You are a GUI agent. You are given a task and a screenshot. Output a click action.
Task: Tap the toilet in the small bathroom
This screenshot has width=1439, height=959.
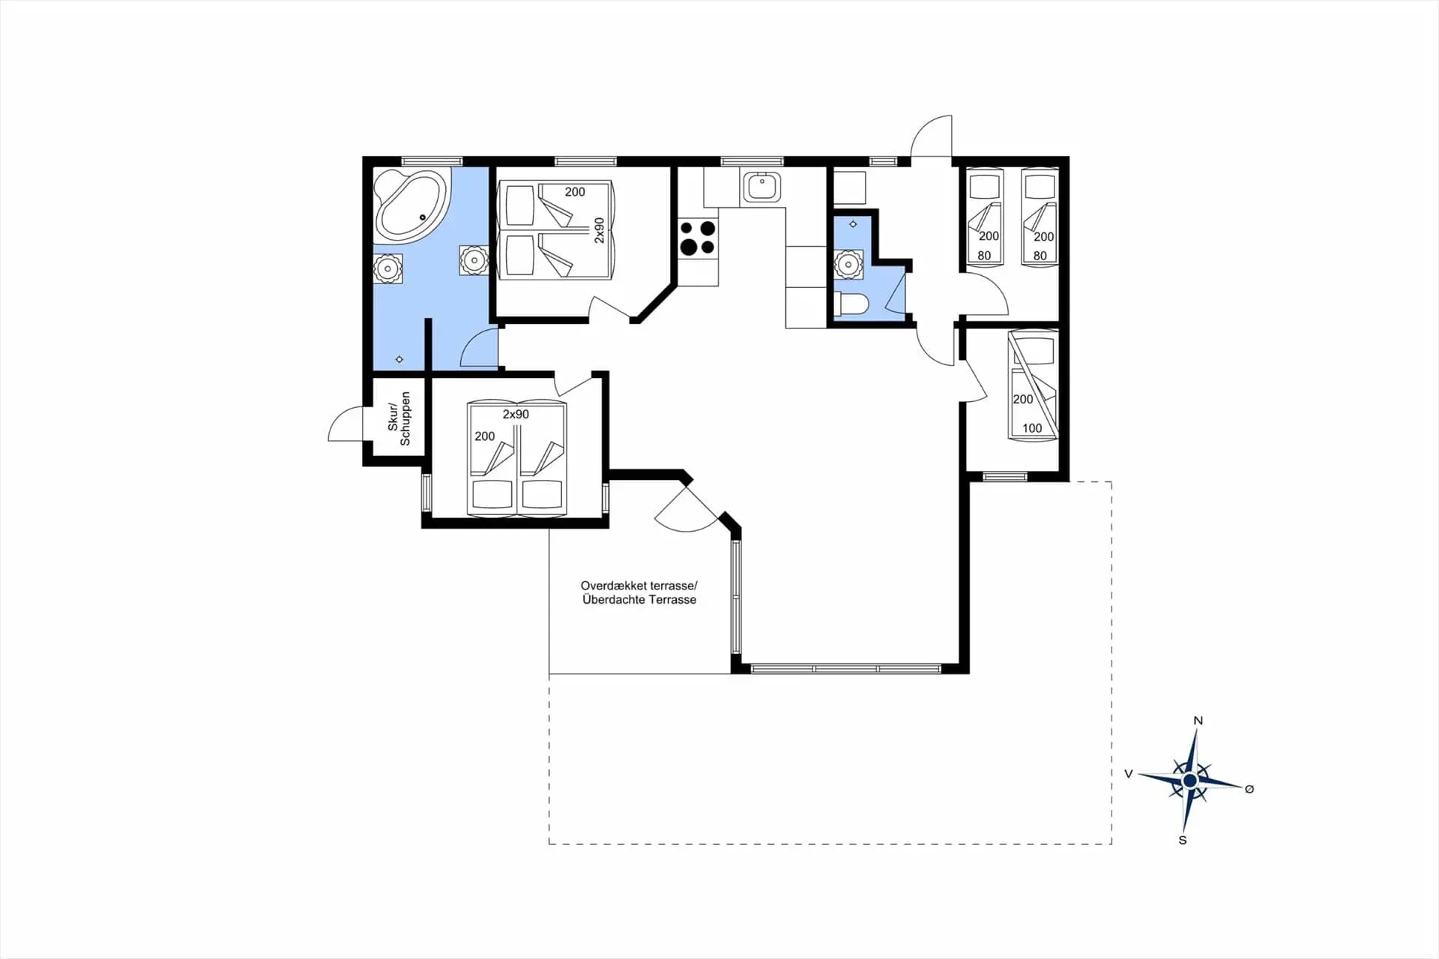[x=851, y=304]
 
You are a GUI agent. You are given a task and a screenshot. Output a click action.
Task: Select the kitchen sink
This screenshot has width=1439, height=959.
[x=762, y=187]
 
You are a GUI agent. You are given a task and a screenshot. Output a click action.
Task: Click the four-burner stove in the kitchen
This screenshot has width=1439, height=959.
[x=697, y=238]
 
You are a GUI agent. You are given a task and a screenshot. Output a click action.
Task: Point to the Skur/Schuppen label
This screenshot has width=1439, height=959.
[x=399, y=418]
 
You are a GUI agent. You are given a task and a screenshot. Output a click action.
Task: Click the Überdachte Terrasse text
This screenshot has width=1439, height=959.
[x=639, y=600]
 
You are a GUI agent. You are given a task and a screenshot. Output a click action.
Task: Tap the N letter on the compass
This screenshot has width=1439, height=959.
[x=1198, y=721]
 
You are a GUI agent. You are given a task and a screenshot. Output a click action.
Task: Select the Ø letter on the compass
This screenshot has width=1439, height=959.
[x=1249, y=789]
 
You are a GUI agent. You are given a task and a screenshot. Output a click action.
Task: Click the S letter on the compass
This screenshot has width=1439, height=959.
[x=1183, y=841]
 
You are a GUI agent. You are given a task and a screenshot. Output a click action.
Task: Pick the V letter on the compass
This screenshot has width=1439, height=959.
[x=1128, y=774]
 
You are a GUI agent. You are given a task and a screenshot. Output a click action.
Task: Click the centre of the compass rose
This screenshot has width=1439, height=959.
[x=1189, y=781]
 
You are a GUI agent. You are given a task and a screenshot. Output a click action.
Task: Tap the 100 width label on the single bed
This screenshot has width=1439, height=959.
[x=1032, y=428]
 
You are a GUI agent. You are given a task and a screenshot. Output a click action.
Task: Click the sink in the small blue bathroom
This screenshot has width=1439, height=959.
[x=848, y=265]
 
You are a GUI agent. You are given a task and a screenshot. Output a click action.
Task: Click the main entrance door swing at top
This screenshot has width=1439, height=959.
[x=931, y=136]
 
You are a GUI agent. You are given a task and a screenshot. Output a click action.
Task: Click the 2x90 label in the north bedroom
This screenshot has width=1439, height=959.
[x=599, y=230]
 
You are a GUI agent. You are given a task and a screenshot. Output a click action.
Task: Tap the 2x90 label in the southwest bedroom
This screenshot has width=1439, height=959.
[x=516, y=415]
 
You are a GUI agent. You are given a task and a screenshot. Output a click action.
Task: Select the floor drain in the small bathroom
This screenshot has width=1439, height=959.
[x=853, y=224]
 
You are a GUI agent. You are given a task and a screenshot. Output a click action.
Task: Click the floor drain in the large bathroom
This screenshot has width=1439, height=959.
[x=399, y=360]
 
